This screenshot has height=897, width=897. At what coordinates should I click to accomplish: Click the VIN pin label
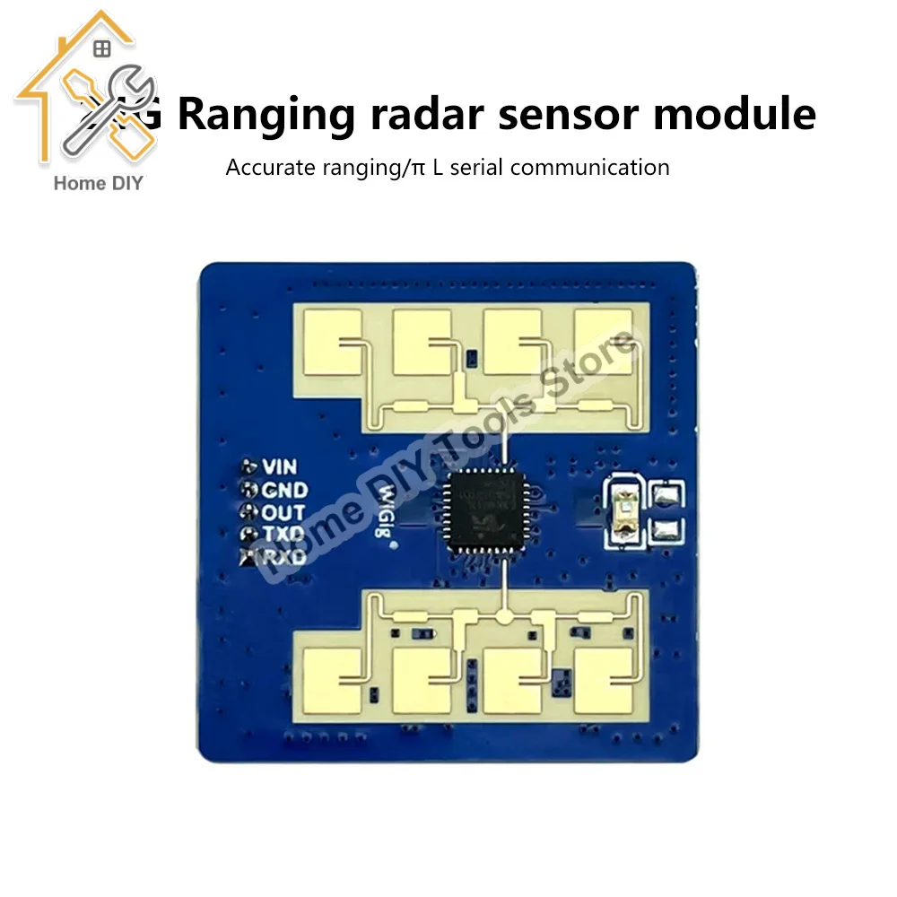coord(279,467)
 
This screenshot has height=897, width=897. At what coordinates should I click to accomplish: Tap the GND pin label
coord(284,491)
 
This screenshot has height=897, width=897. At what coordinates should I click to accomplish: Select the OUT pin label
coord(283,513)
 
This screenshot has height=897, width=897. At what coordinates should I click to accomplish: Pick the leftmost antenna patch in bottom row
coord(332,680)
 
